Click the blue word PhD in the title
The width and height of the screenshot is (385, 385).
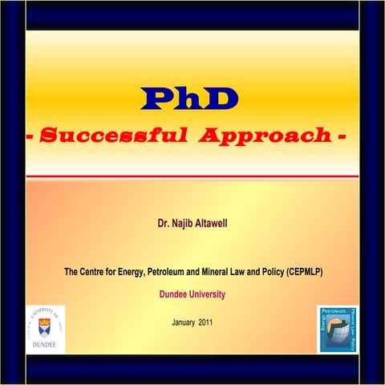[x=189, y=98]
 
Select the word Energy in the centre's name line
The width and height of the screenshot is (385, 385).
[x=129, y=273]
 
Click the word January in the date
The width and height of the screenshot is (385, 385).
[x=184, y=322]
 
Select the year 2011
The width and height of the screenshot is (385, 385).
[x=207, y=322]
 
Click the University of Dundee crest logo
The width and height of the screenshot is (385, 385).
[x=45, y=324]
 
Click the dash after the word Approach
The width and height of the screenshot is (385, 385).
[x=343, y=136]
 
